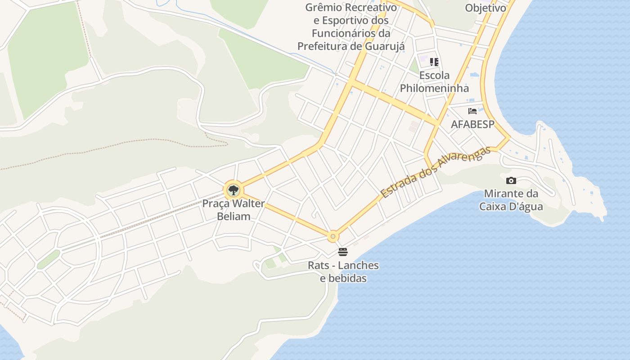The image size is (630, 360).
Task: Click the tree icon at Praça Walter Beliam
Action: (x=233, y=190)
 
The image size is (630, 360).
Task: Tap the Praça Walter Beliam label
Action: (x=233, y=210)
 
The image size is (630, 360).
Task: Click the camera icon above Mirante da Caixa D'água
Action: (x=511, y=181)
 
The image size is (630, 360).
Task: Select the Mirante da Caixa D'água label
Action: (x=511, y=200)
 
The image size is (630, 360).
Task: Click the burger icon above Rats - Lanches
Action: (x=343, y=252)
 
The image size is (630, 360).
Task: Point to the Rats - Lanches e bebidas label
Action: (x=343, y=272)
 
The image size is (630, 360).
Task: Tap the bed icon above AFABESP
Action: (x=472, y=111)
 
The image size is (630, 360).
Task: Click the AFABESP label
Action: (x=472, y=124)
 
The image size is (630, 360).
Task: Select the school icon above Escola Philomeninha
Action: (x=434, y=62)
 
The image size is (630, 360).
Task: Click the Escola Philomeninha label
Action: (x=434, y=81)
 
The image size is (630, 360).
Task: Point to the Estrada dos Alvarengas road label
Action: (x=435, y=172)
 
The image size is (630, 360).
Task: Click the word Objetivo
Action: (x=486, y=8)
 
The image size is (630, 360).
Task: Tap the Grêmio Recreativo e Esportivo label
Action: (x=351, y=27)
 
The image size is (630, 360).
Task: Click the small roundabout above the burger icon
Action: (x=333, y=236)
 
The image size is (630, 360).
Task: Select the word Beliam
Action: (x=234, y=216)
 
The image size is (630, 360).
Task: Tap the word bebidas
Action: (x=343, y=278)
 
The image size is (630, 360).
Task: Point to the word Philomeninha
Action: (x=434, y=88)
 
